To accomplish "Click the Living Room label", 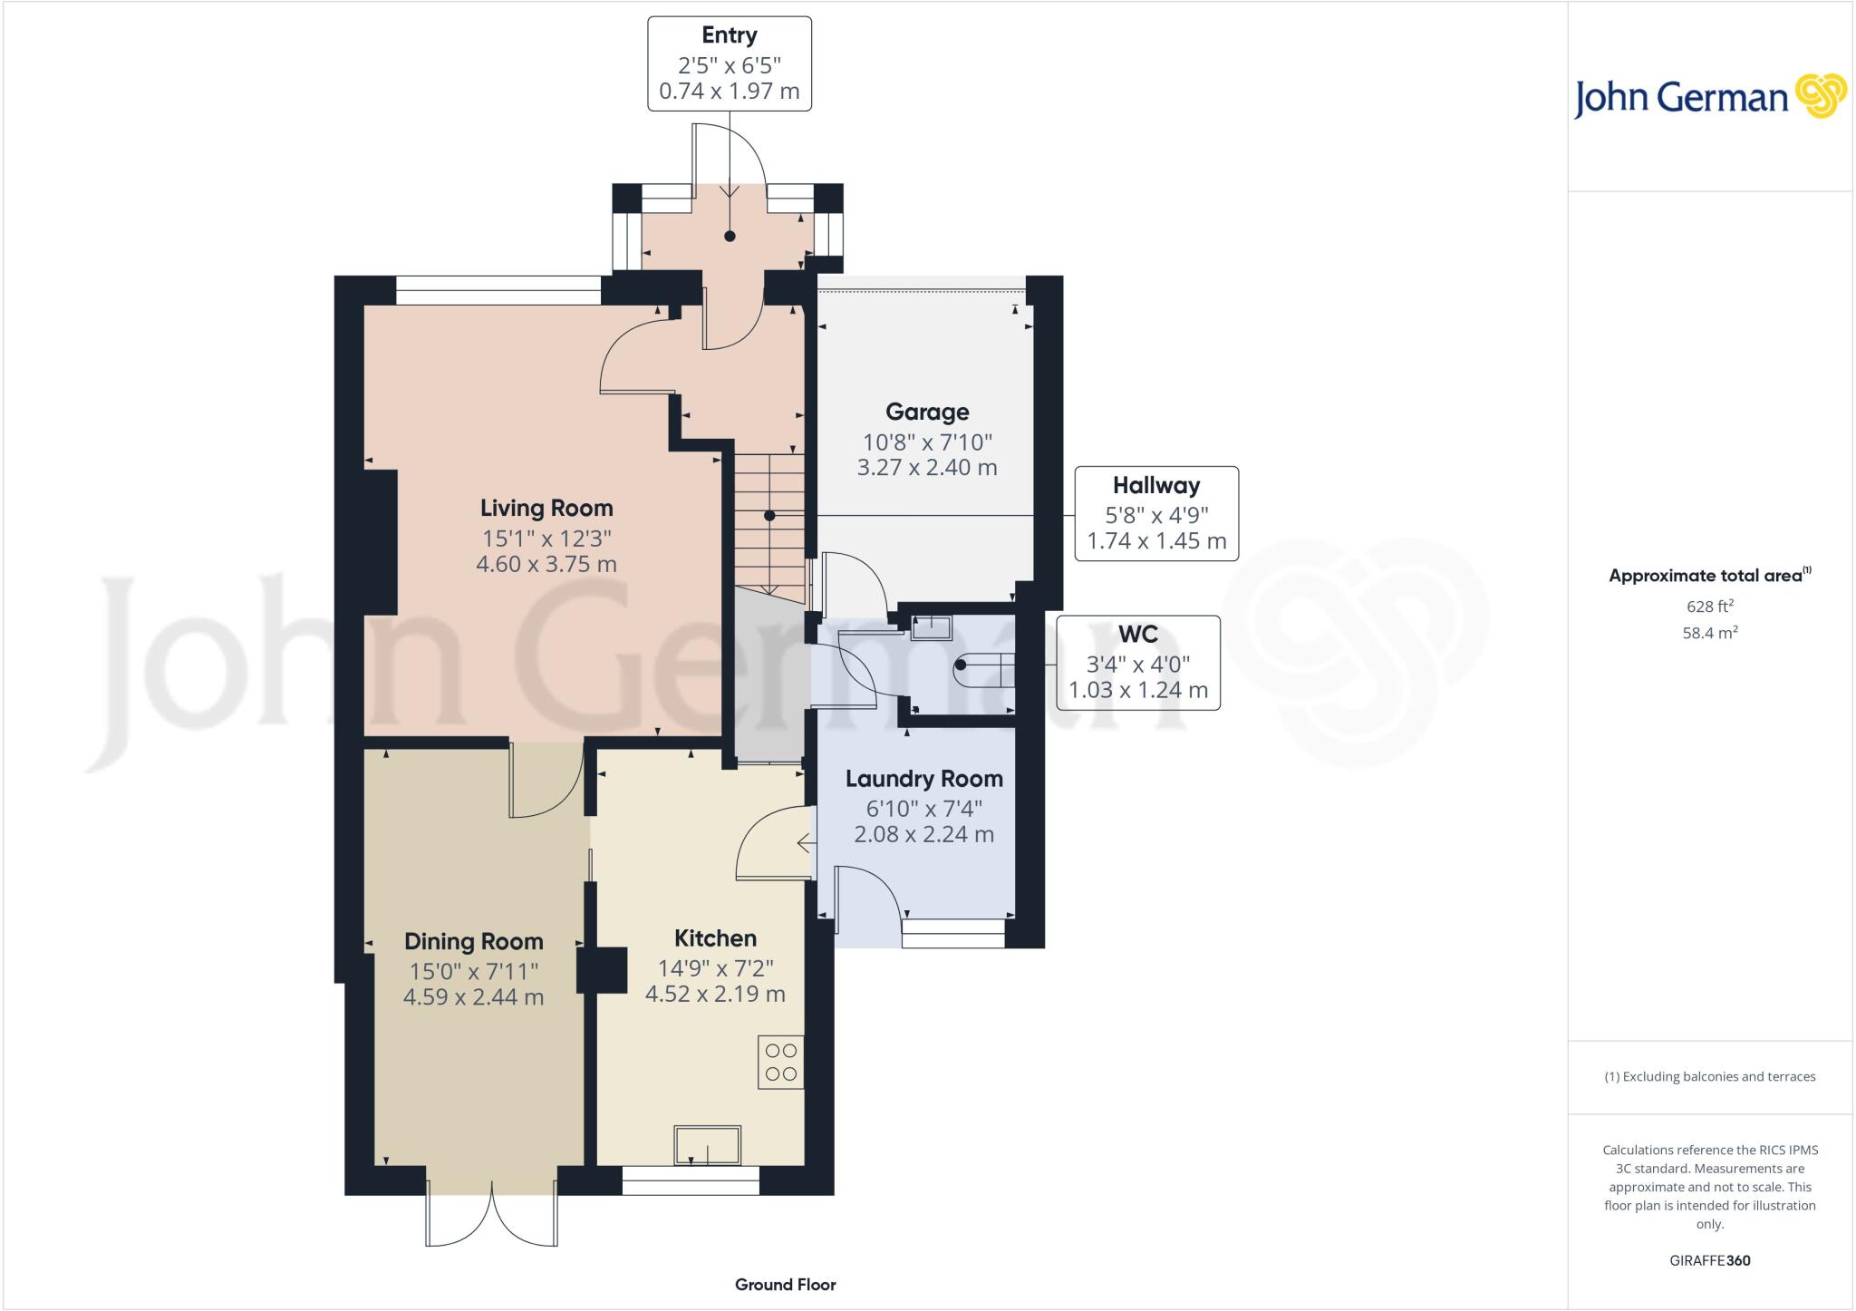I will click(x=546, y=508).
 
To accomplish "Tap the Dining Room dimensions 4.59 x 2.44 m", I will click(x=473, y=997).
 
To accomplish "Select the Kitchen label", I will click(x=714, y=938).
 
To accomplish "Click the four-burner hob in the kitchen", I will click(x=780, y=1063).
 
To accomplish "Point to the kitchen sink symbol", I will click(x=707, y=1144).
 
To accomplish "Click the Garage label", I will click(x=926, y=413).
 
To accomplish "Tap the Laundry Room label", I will click(x=923, y=779).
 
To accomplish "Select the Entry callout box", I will click(x=729, y=63).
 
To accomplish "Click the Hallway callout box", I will click(x=1155, y=513).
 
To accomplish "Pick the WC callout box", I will click(x=1137, y=662).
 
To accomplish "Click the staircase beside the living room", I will click(x=768, y=526).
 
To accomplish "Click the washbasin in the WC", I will click(x=932, y=627).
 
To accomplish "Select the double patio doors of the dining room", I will click(x=491, y=1213).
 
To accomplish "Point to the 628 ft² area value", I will click(x=1708, y=607).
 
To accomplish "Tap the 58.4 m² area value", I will click(x=1708, y=633).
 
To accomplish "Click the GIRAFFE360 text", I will click(x=1708, y=1260).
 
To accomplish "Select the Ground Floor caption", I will click(x=785, y=1284).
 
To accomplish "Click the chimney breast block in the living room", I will click(x=380, y=542).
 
